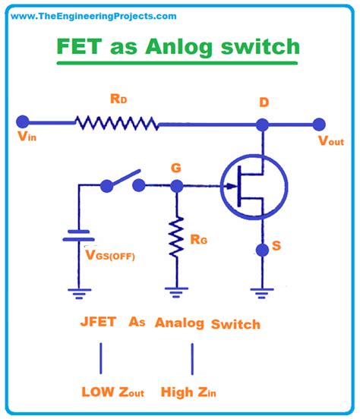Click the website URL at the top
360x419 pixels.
90,15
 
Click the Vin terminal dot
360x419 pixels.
23,122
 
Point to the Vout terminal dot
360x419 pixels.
320,123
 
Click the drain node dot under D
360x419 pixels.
263,124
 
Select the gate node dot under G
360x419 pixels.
177,186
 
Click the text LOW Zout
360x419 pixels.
114,392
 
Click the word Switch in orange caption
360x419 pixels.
235,324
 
